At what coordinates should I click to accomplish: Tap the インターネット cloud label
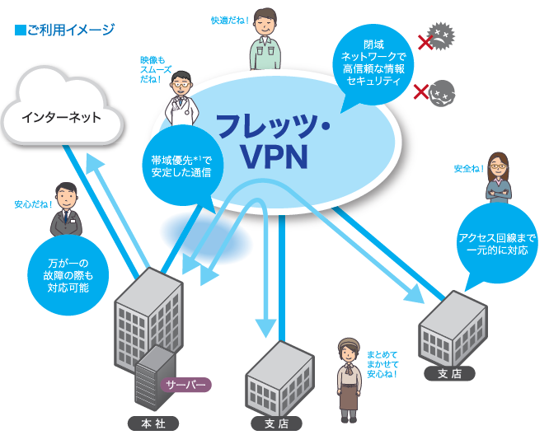(62, 117)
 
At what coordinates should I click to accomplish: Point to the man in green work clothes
(265, 41)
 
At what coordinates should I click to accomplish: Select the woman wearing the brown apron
(349, 378)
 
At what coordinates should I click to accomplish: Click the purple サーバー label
(187, 385)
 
